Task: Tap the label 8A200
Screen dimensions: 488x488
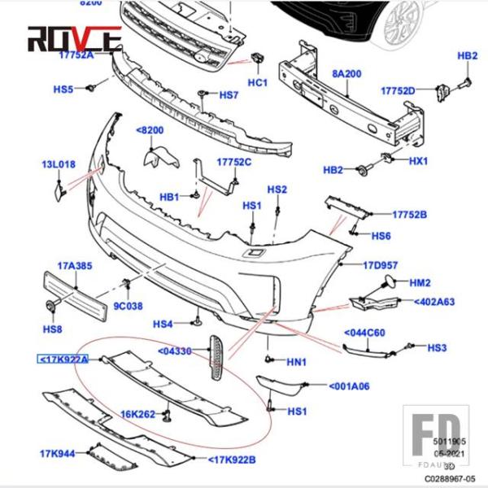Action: pos(346,73)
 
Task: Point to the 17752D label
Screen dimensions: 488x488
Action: pos(399,89)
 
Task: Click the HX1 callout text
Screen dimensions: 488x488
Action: pos(418,161)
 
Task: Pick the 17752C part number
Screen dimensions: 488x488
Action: pos(233,161)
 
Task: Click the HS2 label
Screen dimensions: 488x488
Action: pos(278,190)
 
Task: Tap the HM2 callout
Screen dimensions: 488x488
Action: pos(420,283)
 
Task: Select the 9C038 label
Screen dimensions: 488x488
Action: pos(128,307)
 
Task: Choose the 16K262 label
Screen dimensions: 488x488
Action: pos(139,414)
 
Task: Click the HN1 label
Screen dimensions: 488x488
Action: pos(296,362)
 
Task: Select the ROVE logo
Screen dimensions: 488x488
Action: pos(73,37)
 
